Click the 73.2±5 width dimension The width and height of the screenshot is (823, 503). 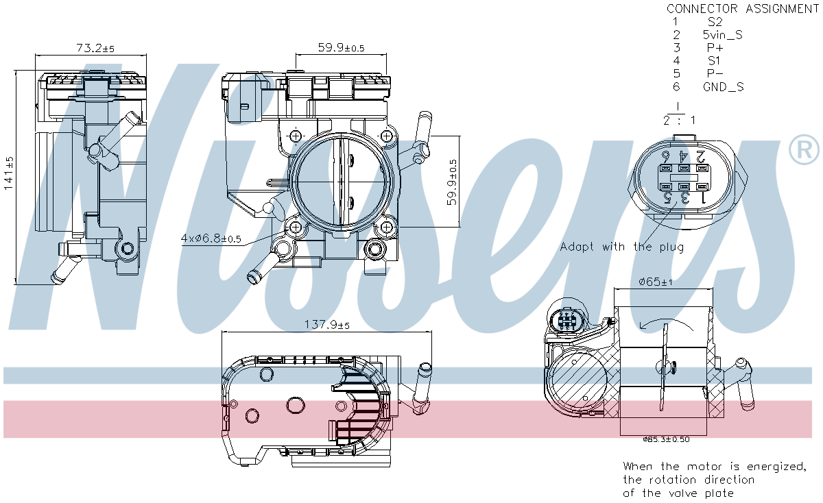(95, 48)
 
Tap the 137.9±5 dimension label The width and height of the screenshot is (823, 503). (326, 325)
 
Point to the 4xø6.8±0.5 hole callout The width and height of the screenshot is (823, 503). (211, 238)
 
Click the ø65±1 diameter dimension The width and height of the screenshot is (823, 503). (656, 281)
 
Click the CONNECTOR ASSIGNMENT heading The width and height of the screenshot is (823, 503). (742, 9)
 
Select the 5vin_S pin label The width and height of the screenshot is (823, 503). (722, 35)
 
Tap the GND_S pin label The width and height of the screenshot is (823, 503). (723, 87)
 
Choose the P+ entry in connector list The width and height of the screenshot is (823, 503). (715, 48)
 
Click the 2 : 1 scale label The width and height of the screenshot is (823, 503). (678, 120)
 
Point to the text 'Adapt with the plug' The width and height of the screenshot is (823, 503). (621, 247)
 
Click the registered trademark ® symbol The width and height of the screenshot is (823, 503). (804, 151)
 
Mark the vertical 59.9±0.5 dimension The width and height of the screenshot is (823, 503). (453, 182)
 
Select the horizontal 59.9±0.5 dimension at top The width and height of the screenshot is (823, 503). (341, 48)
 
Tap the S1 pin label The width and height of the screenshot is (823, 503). (714, 61)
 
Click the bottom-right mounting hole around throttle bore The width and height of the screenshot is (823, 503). (386, 227)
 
